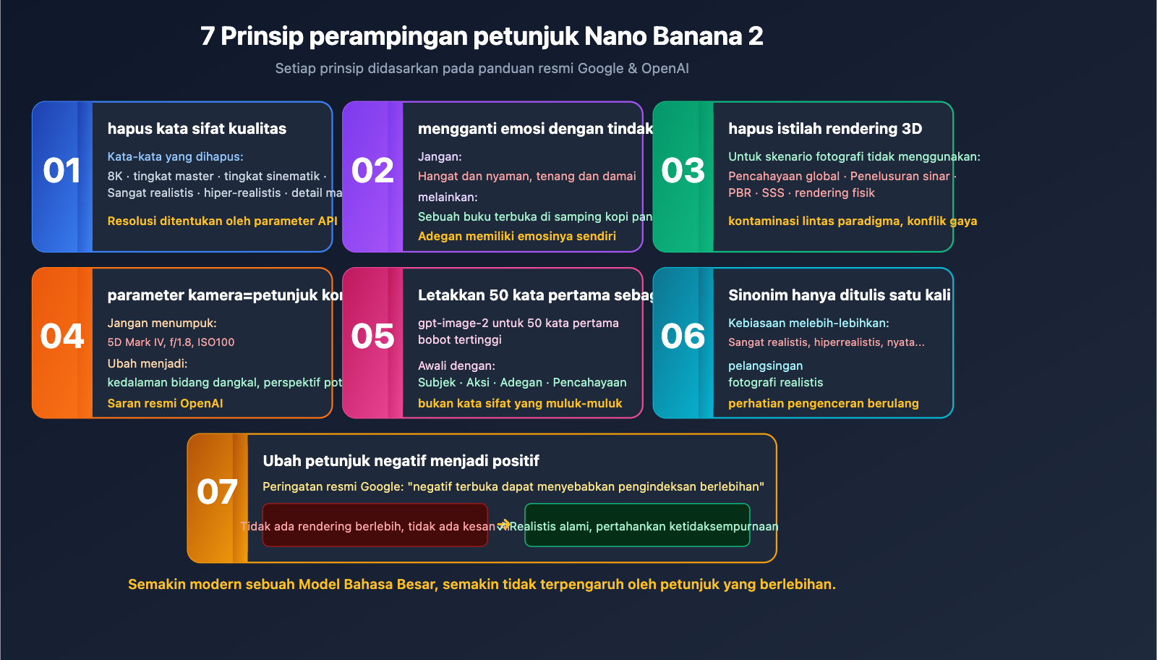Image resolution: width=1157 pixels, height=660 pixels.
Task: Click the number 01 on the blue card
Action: pyautogui.click(x=62, y=172)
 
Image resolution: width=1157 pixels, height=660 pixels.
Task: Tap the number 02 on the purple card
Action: pyautogui.click(x=372, y=172)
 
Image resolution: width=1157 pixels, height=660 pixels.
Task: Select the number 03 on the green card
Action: pyautogui.click(x=683, y=172)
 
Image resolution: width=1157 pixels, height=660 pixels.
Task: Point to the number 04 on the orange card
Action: pyautogui.click(x=62, y=337)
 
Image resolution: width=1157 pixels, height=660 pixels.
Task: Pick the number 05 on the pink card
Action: pyautogui.click(x=372, y=337)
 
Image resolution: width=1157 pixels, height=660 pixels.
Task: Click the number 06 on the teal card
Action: pyautogui.click(x=683, y=337)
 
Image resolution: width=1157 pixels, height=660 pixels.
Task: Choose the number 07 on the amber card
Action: pyautogui.click(x=217, y=493)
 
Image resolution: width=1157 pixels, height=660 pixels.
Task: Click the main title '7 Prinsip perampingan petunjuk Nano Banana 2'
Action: pyautogui.click(x=482, y=36)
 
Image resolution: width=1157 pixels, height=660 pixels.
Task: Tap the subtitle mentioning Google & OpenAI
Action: pyautogui.click(x=482, y=69)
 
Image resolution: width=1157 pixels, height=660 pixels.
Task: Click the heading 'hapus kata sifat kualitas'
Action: pyautogui.click(x=197, y=129)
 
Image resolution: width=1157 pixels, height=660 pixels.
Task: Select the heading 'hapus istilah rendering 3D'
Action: pyautogui.click(x=825, y=129)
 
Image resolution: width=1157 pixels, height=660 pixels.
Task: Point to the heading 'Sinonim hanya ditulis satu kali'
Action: pyautogui.click(x=839, y=295)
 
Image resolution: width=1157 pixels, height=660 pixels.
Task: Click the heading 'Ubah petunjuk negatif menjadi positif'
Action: pyautogui.click(x=401, y=461)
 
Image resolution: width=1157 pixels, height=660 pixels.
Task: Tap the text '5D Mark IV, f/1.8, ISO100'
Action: pyautogui.click(x=171, y=342)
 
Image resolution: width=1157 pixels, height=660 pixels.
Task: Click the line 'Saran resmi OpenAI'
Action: pyautogui.click(x=165, y=404)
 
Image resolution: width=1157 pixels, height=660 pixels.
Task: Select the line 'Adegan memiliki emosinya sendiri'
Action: pyautogui.click(x=516, y=237)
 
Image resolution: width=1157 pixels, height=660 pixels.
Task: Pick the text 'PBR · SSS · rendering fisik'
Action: pyautogui.click(x=801, y=193)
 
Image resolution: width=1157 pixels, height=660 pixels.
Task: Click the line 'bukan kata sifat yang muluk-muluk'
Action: pyautogui.click(x=519, y=404)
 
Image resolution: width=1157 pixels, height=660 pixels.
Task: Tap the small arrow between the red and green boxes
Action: pyautogui.click(x=504, y=525)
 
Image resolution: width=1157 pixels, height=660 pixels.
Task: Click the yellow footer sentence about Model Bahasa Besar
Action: pyautogui.click(x=482, y=585)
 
